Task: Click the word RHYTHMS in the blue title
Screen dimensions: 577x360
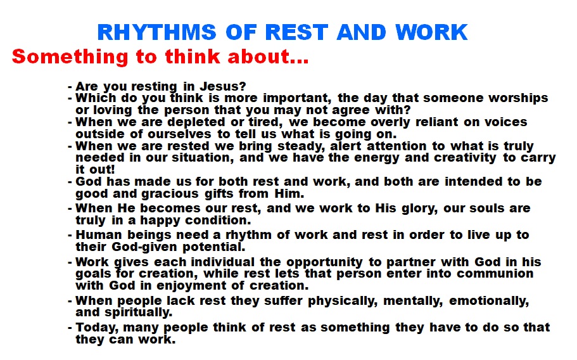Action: pos(157,32)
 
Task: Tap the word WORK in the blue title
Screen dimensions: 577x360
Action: pos(431,32)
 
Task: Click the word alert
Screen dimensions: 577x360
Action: pos(346,146)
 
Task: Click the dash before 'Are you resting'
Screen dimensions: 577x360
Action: pos(70,87)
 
